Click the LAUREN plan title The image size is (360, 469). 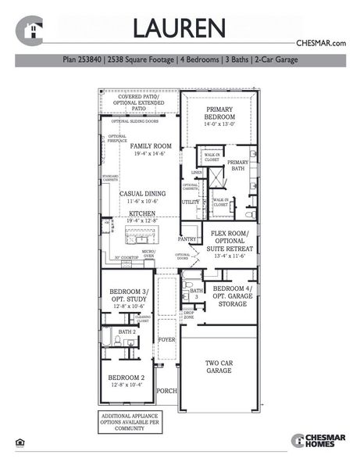[179, 28]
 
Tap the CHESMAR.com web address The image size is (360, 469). [320, 44]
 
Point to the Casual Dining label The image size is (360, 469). [141, 198]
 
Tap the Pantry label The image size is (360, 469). [187, 239]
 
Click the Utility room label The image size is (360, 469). [190, 202]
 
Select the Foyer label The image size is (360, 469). [166, 340]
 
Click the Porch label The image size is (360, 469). [166, 390]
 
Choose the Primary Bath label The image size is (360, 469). [237, 165]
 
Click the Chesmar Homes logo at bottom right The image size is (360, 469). [317, 441]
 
